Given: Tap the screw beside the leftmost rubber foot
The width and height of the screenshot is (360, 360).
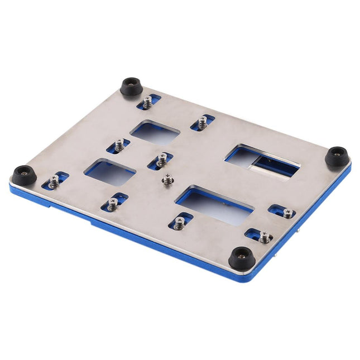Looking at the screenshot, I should [54, 181].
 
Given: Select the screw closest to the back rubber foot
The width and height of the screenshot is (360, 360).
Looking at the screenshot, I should [147, 103].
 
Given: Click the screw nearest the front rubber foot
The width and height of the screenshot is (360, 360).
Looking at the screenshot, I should [264, 237].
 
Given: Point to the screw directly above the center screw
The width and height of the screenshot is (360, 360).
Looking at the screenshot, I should [162, 161].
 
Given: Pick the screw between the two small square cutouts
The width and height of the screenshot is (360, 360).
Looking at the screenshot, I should [119, 146].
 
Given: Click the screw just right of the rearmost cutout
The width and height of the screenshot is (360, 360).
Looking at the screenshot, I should [202, 123].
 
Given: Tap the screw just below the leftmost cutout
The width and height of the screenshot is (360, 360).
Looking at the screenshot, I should [113, 204].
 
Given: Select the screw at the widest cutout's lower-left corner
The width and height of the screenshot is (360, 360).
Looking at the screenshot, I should [179, 223].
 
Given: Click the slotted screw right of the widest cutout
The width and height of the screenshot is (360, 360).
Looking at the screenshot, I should [287, 212].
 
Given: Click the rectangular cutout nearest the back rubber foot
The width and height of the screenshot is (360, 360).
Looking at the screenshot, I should [155, 132].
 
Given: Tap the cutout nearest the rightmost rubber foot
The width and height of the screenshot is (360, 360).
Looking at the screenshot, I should [261, 160].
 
